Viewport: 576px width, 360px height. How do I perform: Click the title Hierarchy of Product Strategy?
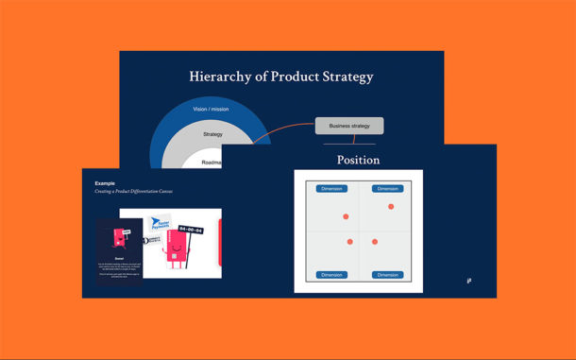click(281, 77)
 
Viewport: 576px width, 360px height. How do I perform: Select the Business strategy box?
click(349, 126)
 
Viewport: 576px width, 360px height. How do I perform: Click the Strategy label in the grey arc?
click(212, 135)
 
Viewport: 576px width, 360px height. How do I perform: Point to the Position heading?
click(358, 160)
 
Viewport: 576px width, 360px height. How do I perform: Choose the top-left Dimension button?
click(331, 188)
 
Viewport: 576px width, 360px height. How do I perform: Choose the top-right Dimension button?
click(388, 188)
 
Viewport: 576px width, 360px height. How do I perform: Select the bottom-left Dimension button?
click(331, 275)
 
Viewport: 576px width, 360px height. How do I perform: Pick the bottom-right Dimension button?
click(388, 275)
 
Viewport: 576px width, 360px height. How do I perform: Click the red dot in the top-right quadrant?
click(391, 206)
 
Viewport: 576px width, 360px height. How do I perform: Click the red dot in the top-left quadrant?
click(346, 216)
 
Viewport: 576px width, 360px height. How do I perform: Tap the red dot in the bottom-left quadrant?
click(349, 242)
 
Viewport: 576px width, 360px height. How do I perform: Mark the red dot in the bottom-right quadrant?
click(375, 242)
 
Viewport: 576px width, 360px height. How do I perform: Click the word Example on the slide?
click(106, 182)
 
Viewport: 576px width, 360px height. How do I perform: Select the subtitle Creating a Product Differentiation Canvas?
click(133, 191)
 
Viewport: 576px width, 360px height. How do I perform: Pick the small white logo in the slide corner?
click(469, 280)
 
